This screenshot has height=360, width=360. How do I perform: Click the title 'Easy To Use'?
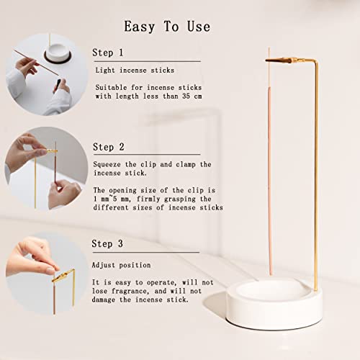point(167,27)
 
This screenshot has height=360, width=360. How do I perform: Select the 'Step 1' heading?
point(108,53)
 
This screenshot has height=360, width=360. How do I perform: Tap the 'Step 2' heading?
point(108,147)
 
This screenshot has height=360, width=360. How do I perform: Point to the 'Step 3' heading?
point(108,244)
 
